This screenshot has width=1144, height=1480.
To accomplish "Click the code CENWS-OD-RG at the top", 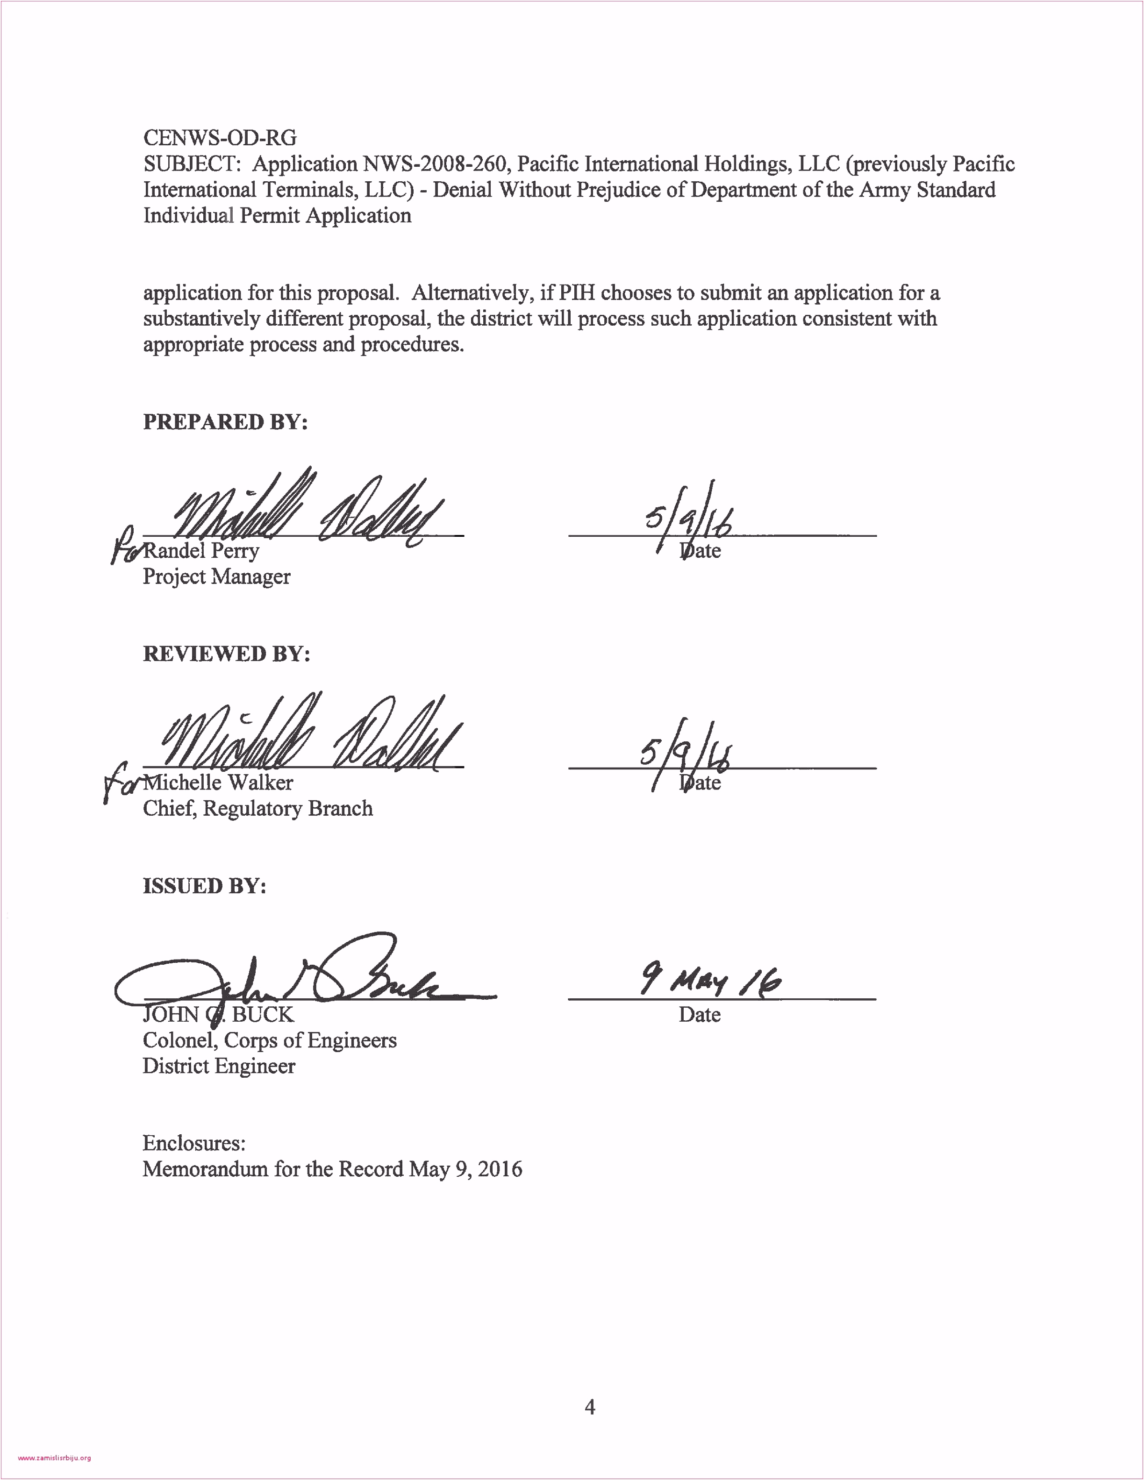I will [x=220, y=138].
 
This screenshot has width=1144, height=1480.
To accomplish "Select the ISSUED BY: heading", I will [x=204, y=886].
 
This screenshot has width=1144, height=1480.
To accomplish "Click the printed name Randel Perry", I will [x=201, y=550].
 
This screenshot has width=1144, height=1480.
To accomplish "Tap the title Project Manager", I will [x=216, y=576].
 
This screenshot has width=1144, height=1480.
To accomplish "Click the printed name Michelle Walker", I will [x=218, y=782].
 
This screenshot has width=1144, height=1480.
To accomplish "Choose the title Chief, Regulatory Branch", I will [x=257, y=809].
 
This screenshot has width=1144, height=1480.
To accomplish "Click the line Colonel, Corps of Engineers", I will [x=269, y=1040].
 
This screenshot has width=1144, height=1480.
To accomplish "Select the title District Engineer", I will [x=219, y=1066].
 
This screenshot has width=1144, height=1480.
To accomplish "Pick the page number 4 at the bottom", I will [x=590, y=1408].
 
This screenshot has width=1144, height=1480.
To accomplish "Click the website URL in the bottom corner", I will [x=54, y=1459].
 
